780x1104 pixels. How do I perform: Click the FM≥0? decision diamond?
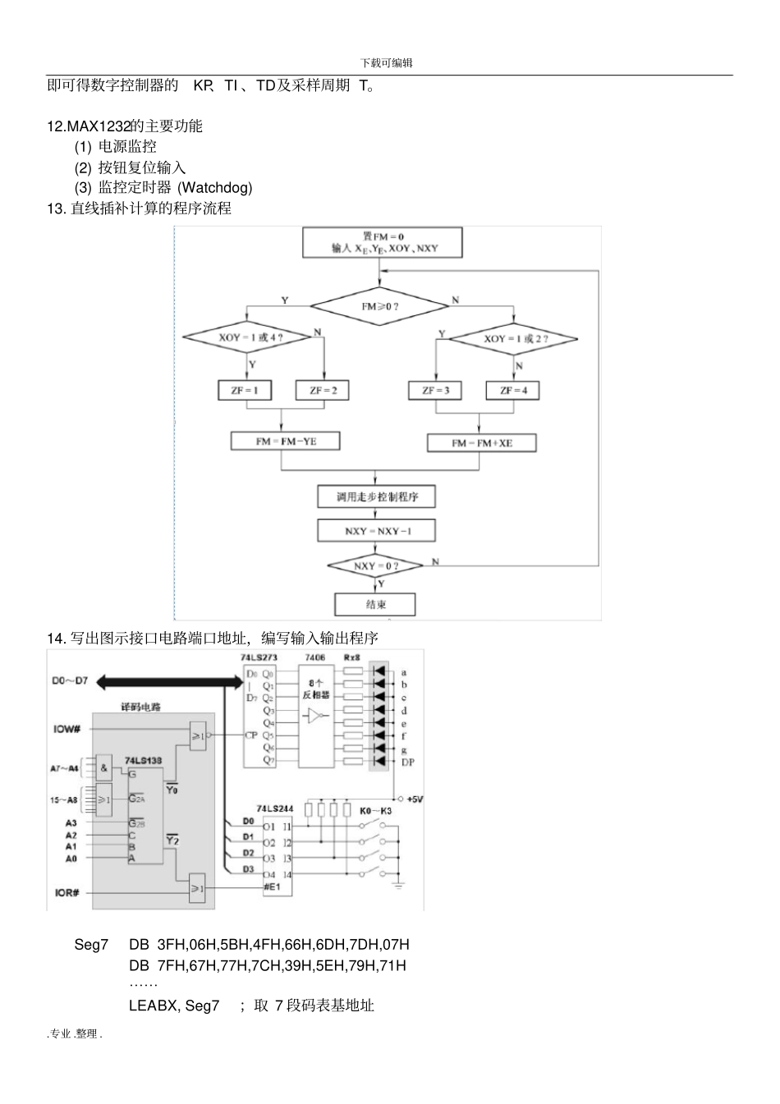click(379, 306)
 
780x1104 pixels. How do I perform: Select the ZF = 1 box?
click(244, 391)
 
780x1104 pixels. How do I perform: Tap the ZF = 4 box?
click(513, 391)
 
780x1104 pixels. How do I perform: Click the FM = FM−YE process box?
click(285, 442)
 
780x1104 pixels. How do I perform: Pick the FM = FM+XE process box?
click(481, 443)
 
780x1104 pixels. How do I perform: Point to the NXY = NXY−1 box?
click(377, 531)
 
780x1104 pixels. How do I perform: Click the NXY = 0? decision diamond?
click(375, 566)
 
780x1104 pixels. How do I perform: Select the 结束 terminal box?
click(375, 604)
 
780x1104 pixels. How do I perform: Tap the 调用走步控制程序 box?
click(376, 497)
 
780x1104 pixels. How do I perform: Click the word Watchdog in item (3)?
click(215, 188)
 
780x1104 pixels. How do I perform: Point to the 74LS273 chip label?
click(259, 658)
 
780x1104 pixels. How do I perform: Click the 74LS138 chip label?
click(143, 761)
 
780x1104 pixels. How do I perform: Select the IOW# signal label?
click(67, 729)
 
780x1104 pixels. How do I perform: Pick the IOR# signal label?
click(67, 892)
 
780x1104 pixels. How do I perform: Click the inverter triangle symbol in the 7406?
click(314, 717)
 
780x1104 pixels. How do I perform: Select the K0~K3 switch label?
click(376, 811)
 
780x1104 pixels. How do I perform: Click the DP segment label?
click(408, 762)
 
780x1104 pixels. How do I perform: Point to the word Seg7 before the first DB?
click(91, 945)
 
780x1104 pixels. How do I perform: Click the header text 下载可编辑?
click(386, 63)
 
